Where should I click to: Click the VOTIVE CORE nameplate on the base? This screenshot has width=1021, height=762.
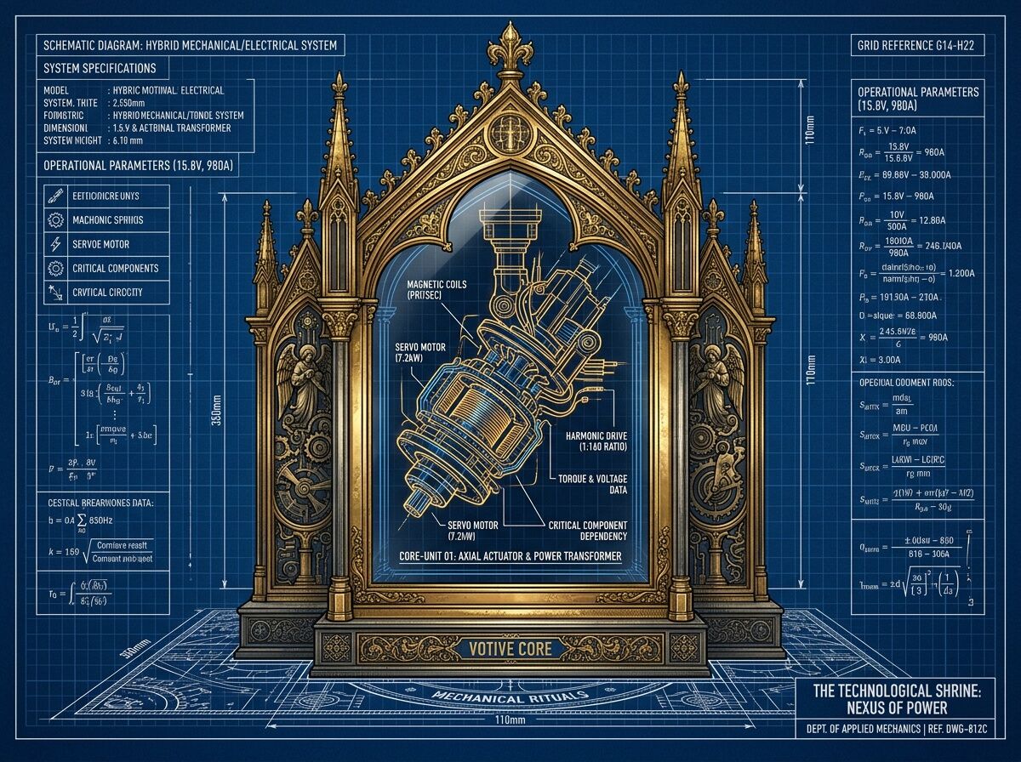point(510,649)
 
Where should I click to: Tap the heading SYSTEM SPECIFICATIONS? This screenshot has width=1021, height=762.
point(100,68)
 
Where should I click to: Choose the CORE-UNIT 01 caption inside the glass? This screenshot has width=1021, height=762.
point(510,556)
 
